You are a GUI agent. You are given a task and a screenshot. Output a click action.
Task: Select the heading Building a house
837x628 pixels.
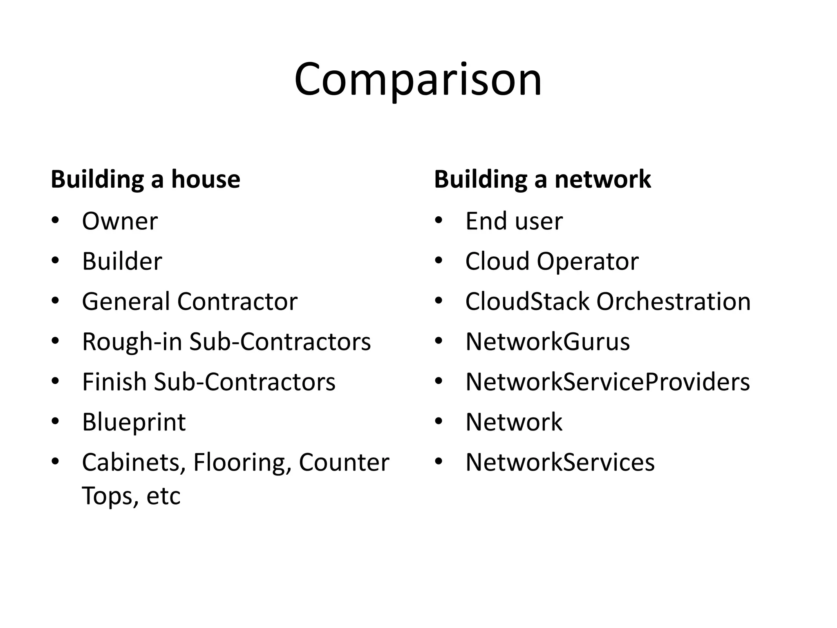(x=145, y=179)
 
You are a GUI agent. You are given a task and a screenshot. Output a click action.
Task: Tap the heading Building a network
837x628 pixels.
(x=542, y=179)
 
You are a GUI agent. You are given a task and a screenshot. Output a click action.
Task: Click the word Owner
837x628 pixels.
(x=120, y=221)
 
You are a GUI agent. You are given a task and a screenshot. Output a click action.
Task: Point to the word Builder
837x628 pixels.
(x=122, y=261)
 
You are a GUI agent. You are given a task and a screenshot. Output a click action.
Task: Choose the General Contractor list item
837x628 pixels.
(x=190, y=301)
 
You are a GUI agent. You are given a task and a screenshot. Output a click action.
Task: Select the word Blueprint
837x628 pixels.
(x=134, y=422)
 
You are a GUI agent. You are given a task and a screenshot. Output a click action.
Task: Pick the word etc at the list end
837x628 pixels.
(x=163, y=496)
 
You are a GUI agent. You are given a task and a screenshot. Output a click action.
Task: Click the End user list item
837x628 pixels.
(x=514, y=221)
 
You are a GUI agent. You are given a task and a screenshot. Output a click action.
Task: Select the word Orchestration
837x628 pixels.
(x=673, y=301)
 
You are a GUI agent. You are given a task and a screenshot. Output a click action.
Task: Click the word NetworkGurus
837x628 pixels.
(x=548, y=341)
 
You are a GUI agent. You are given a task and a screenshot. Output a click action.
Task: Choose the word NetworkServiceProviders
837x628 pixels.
(x=607, y=381)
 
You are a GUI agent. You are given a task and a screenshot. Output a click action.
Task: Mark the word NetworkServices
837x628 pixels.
(x=560, y=462)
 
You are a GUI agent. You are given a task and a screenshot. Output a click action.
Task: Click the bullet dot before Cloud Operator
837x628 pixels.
(x=439, y=260)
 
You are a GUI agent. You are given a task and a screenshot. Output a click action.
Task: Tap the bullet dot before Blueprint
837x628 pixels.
(x=55, y=421)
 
